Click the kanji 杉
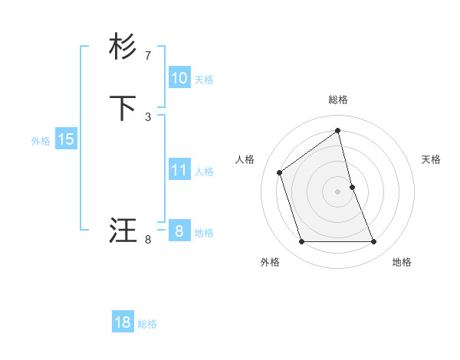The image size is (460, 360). point(123,47)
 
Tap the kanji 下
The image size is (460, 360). point(123,109)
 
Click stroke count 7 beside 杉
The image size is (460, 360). point(148,56)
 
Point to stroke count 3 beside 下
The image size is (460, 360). point(148,117)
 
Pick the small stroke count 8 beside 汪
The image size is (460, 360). point(148,240)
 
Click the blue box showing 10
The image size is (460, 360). point(179,78)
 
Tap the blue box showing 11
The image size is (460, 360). point(179,170)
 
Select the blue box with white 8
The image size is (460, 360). point(179,231)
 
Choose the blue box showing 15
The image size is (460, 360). point(66,139)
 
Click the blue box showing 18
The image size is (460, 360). point(123,322)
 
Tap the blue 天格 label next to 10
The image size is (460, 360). point(204,80)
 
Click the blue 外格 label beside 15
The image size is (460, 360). point(41,141)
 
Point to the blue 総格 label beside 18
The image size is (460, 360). point(147,324)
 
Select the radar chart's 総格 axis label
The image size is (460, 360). point(338,100)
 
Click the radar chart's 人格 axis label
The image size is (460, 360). point(245,159)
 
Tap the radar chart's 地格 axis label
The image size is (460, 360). point(402,262)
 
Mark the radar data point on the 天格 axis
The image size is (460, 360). point(352,187)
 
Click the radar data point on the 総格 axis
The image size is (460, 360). point(338,130)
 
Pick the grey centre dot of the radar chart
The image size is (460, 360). point(338,191)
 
